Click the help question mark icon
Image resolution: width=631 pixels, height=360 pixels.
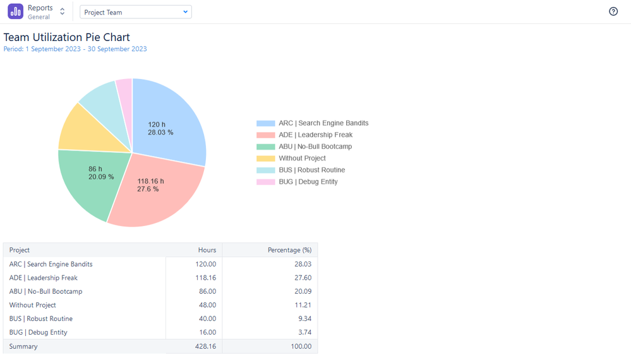[613, 11]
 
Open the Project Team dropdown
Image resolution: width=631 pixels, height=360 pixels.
[136, 12]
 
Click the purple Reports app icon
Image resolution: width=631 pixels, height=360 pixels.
[15, 11]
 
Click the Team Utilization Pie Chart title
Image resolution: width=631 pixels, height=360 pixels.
[67, 37]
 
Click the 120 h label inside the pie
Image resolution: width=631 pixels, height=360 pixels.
[157, 124]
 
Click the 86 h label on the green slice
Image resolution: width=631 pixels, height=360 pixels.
[95, 169]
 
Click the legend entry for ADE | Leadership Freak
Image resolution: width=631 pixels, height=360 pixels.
[315, 135]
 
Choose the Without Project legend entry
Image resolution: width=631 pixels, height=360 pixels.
[302, 158]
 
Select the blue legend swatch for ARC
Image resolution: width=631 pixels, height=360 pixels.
[265, 123]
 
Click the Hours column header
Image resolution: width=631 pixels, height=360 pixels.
[207, 250]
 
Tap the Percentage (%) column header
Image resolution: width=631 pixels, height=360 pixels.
[289, 250]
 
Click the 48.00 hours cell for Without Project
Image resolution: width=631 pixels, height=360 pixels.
[207, 305]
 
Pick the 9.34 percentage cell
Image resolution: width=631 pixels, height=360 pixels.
[303, 319]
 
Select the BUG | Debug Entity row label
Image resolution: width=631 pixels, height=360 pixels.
[38, 332]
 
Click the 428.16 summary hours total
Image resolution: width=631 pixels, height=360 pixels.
[205, 346]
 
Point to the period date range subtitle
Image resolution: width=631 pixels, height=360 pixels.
[75, 49]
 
